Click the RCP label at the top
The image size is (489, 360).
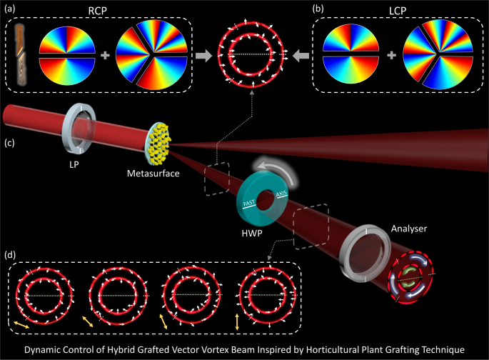click(101, 9)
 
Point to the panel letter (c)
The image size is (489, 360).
click(12, 142)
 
